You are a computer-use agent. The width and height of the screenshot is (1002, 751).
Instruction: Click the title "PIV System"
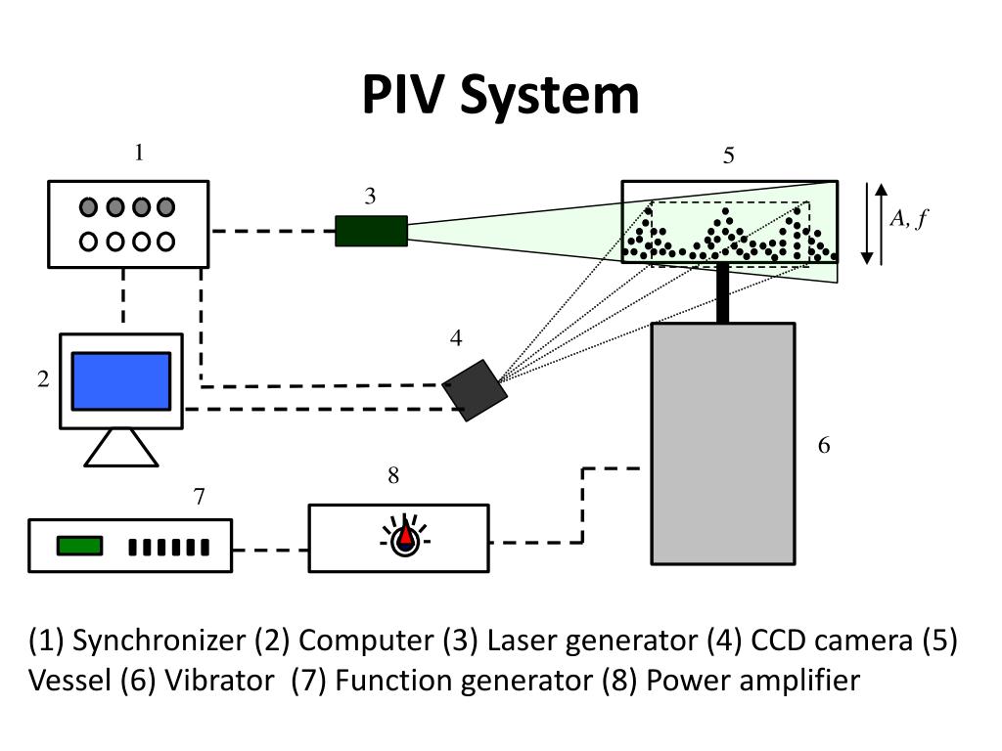pyautogui.click(x=500, y=95)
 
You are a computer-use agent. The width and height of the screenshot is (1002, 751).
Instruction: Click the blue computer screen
pyautogui.click(x=121, y=381)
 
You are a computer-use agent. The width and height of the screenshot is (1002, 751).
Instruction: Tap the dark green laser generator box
pyautogui.click(x=371, y=231)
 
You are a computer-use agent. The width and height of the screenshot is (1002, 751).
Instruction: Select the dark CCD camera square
pyautogui.click(x=475, y=390)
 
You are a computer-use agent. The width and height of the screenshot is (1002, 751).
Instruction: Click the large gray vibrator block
pyautogui.click(x=723, y=444)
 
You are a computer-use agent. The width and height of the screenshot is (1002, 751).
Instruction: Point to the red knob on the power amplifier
pyautogui.click(x=406, y=535)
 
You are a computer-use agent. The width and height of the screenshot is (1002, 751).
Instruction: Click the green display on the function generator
pyautogui.click(x=80, y=546)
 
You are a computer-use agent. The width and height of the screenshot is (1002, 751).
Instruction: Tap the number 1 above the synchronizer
pyautogui.click(x=139, y=153)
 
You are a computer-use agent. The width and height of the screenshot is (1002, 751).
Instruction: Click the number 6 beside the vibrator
pyautogui.click(x=824, y=445)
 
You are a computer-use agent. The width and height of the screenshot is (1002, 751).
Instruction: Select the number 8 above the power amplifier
pyautogui.click(x=393, y=475)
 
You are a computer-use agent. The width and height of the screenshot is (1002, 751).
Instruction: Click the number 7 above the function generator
pyautogui.click(x=200, y=496)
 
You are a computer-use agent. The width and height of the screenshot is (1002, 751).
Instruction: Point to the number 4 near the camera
pyautogui.click(x=456, y=337)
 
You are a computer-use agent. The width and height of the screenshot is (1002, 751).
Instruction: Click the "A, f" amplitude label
pyautogui.click(x=908, y=218)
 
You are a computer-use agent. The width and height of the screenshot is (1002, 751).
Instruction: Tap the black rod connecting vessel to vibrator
pyautogui.click(x=723, y=292)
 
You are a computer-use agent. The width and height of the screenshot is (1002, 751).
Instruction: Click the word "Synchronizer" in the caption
pyautogui.click(x=159, y=641)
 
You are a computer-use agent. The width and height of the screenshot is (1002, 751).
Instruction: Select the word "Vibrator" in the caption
pyautogui.click(x=219, y=681)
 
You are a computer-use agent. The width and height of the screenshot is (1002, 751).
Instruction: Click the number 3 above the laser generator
pyautogui.click(x=370, y=196)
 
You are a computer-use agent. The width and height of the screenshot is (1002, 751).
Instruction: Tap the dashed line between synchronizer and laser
pyautogui.click(x=273, y=231)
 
